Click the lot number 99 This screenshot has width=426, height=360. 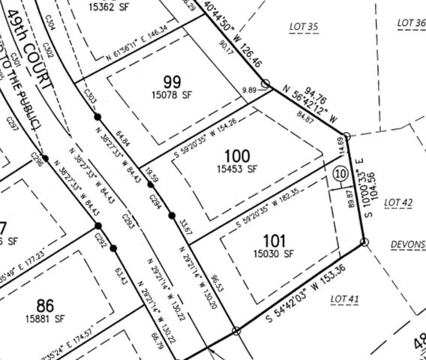172,81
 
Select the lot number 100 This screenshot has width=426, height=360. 237,156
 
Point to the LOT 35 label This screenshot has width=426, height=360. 304,27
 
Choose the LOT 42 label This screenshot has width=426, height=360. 398,202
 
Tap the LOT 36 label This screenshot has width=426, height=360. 410,22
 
